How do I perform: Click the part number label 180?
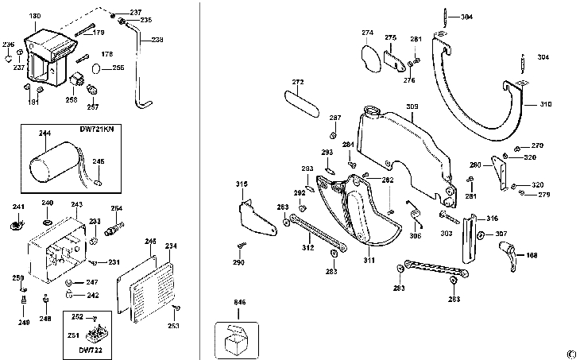(35, 16)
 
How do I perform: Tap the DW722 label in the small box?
(91, 348)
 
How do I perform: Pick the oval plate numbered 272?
(297, 101)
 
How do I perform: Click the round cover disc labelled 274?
(369, 56)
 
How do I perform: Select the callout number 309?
(412, 106)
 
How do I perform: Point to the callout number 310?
(545, 104)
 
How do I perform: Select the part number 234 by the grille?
(170, 246)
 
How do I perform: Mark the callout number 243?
(76, 204)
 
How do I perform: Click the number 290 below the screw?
(239, 262)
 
